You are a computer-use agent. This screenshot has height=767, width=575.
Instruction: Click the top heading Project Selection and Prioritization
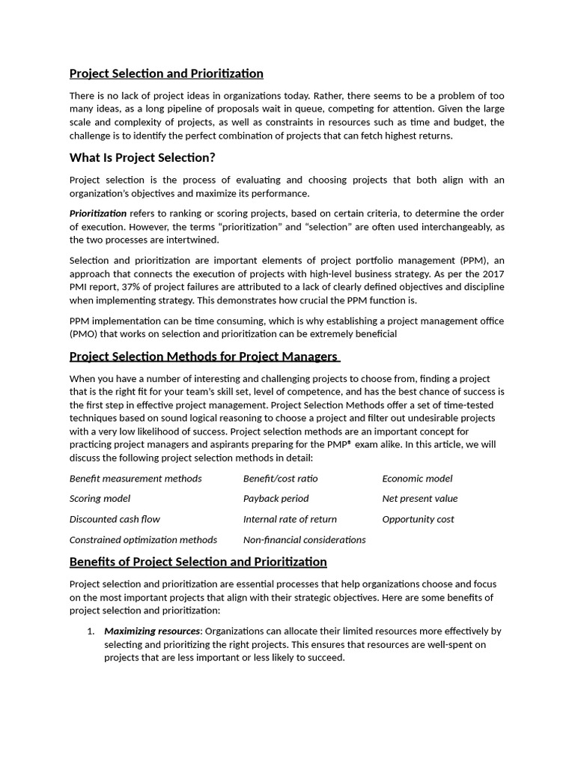pos(166,73)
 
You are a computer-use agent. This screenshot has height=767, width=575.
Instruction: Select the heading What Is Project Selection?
pos(142,157)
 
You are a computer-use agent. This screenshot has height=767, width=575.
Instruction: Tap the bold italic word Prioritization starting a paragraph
pos(98,213)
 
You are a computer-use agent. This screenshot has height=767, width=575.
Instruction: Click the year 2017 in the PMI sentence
pos(492,273)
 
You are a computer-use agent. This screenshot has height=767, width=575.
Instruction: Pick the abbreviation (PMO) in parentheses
pos(83,334)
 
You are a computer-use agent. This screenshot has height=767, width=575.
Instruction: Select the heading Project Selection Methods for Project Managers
pos(204,356)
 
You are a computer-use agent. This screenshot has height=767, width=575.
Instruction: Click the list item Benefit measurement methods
pos(136,479)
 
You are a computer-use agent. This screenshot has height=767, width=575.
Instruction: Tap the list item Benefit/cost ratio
pos(280,479)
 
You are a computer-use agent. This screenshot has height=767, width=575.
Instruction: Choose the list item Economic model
pos(417,479)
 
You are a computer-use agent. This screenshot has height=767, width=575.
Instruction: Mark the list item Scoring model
pos(100,499)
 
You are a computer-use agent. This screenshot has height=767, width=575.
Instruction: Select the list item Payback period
pos(276,499)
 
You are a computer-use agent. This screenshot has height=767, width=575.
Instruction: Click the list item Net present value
pos(419,499)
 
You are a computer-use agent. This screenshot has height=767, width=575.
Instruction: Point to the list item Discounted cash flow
pos(115,519)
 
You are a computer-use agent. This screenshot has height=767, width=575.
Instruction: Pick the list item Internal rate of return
pos(290,519)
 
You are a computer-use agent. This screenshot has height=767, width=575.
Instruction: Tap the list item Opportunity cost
pos(418,519)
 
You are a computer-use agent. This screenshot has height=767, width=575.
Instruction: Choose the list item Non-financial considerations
pos(304,539)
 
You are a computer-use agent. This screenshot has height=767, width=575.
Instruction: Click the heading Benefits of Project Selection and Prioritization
pos(198,562)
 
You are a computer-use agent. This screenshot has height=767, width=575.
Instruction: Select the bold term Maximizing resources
pos(152,631)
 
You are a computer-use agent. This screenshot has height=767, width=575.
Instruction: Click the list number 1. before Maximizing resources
pos(91,631)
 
